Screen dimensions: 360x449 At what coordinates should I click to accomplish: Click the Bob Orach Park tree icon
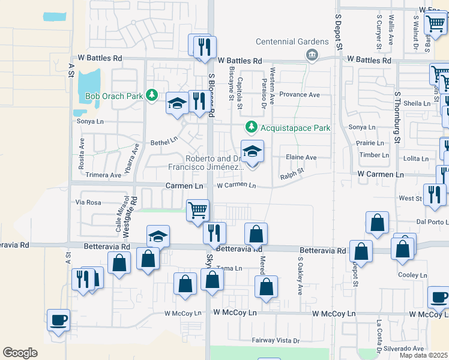152,95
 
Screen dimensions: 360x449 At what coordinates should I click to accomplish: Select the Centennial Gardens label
292,41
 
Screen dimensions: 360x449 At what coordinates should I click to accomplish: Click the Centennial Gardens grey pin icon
312,56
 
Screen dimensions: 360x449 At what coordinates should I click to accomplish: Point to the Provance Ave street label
300,95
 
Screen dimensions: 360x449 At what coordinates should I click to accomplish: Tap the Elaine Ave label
301,157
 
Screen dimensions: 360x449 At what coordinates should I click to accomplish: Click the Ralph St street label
292,176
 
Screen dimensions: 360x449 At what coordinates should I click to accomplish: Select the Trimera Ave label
103,175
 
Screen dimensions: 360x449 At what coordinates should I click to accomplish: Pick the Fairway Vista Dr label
276,340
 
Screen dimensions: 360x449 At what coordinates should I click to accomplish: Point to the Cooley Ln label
412,275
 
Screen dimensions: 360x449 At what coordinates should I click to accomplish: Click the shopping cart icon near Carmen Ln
198,211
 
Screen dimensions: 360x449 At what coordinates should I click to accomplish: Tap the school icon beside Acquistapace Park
253,151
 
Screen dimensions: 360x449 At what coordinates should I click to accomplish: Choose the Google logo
20,353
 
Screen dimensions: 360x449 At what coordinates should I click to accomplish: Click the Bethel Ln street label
164,143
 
